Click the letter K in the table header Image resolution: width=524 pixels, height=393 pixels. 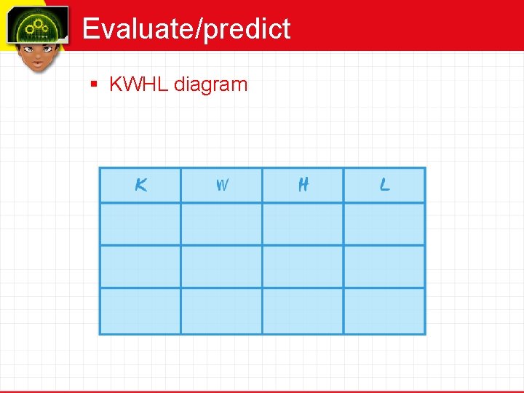(x=141, y=186)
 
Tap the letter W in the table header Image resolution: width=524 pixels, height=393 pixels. (x=222, y=186)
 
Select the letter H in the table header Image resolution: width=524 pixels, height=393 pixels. (x=303, y=186)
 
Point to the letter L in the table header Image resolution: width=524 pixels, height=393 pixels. (x=384, y=186)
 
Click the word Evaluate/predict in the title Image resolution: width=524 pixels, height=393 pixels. (x=186, y=29)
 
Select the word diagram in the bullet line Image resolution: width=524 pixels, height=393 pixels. (x=210, y=85)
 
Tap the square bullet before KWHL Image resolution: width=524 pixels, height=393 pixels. (x=93, y=84)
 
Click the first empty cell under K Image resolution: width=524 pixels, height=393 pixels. (x=140, y=224)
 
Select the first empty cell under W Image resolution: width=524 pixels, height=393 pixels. (x=221, y=224)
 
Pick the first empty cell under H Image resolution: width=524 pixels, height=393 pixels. (x=303, y=224)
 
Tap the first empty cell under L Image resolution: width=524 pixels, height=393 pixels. (x=384, y=224)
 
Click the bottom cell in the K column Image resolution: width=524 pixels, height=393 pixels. (x=140, y=311)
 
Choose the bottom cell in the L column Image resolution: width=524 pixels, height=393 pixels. (x=384, y=311)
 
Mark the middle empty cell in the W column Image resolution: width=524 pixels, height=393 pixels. (x=221, y=266)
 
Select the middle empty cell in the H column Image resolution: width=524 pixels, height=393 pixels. (x=303, y=266)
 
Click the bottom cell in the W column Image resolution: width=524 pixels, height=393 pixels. (x=221, y=311)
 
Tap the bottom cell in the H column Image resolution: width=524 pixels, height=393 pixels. (x=303, y=311)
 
